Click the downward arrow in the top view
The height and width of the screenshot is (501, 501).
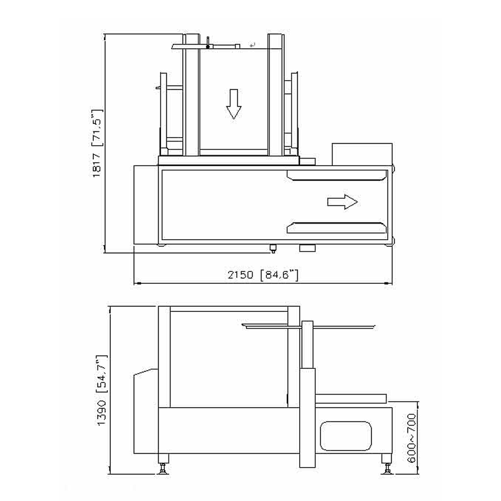[x=234, y=104]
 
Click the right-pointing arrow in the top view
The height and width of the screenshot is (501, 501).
[x=343, y=202]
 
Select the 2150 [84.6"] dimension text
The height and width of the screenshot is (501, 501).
[x=263, y=274]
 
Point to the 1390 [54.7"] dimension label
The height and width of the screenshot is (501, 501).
[x=102, y=390]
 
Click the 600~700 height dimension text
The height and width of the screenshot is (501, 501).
[x=412, y=438]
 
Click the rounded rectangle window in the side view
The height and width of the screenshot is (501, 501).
[x=346, y=436]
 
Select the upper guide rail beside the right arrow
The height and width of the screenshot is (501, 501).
[x=337, y=175]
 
